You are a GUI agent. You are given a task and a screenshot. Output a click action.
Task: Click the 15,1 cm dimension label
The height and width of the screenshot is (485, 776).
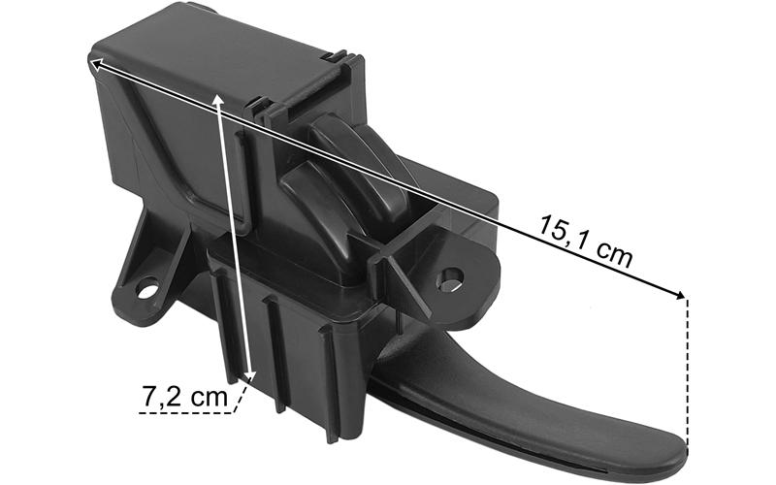pyautogui.click(x=586, y=241)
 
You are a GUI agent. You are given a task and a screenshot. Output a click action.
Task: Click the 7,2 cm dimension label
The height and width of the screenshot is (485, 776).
pyautogui.click(x=185, y=396)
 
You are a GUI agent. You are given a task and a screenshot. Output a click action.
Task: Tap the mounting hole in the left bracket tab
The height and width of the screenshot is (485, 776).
pyautogui.click(x=147, y=289)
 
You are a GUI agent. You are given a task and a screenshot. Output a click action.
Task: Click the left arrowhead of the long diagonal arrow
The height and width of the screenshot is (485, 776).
pyautogui.click(x=95, y=63)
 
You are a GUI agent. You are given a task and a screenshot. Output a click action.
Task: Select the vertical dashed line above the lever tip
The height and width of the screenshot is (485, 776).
pyautogui.click(x=687, y=370)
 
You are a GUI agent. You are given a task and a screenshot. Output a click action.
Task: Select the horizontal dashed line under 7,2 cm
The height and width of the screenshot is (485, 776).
pyautogui.click(x=185, y=412)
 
